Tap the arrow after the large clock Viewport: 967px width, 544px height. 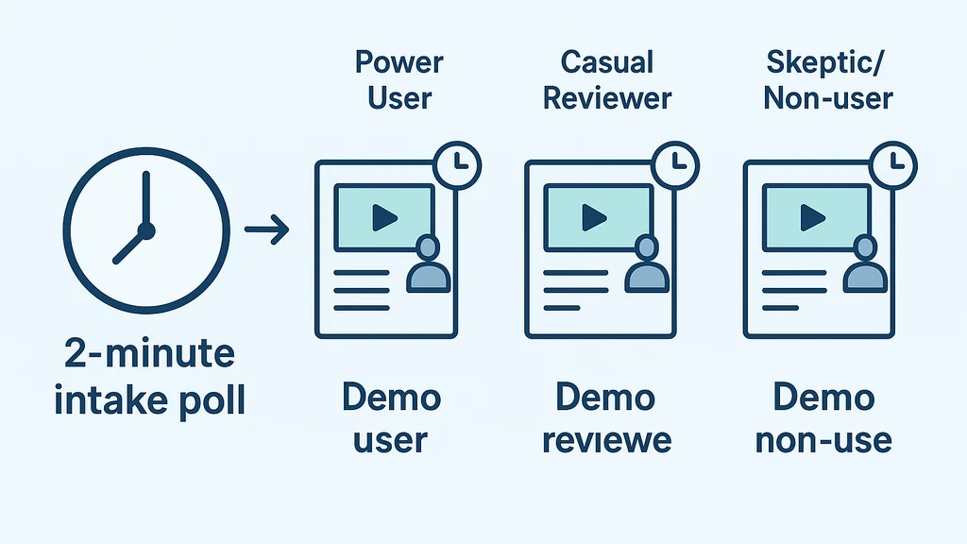pyautogui.click(x=266, y=229)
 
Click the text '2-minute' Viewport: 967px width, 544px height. pyautogui.click(x=149, y=355)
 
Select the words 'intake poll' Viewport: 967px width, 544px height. pyautogui.click(x=149, y=400)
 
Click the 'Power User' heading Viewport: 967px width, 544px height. pyautogui.click(x=399, y=79)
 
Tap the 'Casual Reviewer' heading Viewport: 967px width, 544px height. pyautogui.click(x=607, y=79)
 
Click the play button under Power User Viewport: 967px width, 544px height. pyautogui.click(x=383, y=218)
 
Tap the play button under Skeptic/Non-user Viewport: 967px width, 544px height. pyautogui.click(x=812, y=218)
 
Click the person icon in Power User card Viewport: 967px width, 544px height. pyautogui.click(x=428, y=265)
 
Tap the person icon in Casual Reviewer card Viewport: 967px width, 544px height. pyautogui.click(x=647, y=265)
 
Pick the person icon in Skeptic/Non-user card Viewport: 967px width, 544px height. pyautogui.click(x=864, y=265)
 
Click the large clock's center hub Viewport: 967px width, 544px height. pyautogui.click(x=145, y=229)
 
